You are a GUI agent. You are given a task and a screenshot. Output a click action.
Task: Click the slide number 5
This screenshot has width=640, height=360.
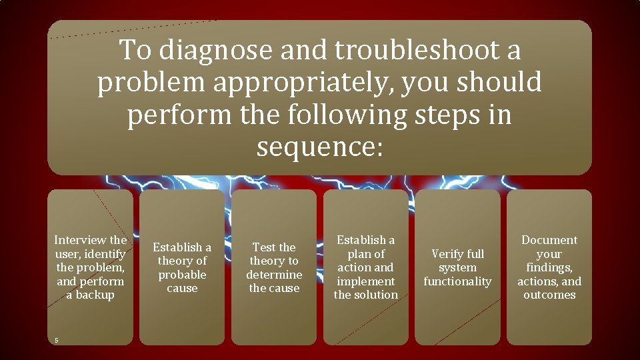click(57, 341)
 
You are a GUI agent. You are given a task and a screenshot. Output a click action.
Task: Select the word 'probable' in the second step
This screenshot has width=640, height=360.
click(182, 275)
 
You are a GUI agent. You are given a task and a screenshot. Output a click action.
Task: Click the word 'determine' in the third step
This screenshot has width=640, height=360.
click(274, 275)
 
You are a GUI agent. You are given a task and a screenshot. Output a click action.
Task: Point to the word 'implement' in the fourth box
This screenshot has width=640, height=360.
click(366, 281)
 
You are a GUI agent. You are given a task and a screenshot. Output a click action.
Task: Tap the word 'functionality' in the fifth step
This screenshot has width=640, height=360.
click(457, 281)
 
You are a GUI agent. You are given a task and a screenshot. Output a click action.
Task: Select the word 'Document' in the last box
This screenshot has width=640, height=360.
click(549, 240)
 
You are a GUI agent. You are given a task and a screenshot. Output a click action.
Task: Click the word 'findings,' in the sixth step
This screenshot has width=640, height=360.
click(549, 267)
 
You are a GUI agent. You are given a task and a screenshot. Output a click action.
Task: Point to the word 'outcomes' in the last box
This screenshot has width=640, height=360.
click(549, 295)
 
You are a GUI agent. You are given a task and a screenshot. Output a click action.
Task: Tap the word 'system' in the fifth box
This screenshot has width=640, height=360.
click(457, 267)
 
